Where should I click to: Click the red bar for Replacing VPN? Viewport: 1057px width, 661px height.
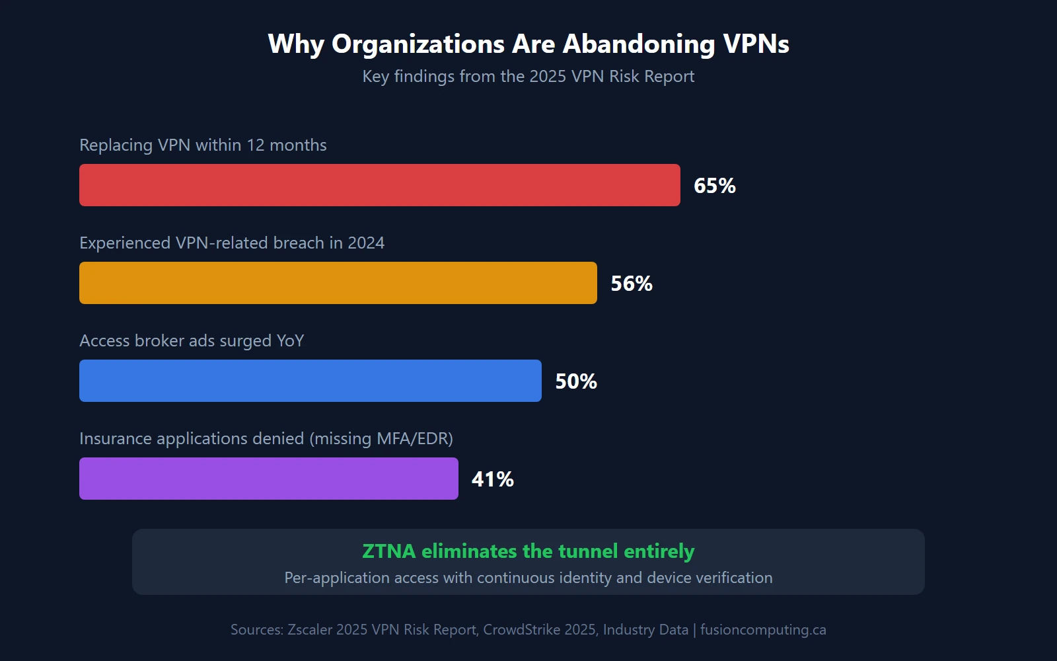coord(380,185)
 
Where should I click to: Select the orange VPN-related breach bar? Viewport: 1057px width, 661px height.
coord(338,283)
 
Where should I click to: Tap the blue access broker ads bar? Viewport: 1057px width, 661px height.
coord(310,381)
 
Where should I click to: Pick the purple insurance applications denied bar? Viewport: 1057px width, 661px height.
coord(269,479)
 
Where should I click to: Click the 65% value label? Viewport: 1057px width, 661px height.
coord(715,186)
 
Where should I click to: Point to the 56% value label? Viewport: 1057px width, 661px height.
coord(632,284)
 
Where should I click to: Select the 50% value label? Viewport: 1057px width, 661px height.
coord(576,381)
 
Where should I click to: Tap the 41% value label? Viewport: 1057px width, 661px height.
coord(493,479)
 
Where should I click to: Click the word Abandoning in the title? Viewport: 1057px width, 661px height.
coord(639,44)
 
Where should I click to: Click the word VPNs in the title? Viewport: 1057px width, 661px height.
coord(756,44)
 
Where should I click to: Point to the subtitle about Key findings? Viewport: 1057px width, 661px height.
coord(528,77)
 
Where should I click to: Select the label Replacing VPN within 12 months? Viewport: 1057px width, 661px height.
coord(203,145)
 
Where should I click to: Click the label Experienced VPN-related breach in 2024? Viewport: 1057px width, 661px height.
coord(232,243)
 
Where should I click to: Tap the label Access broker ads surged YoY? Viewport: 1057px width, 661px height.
coord(192,341)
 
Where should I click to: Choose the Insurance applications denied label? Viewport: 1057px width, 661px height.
coord(266,439)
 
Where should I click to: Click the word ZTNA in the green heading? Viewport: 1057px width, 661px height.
coord(389,551)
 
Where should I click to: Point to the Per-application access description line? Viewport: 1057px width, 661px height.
coord(528,578)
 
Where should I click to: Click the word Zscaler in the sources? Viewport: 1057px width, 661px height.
coord(310,630)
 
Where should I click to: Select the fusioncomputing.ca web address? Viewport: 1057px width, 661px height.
coord(763,630)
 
